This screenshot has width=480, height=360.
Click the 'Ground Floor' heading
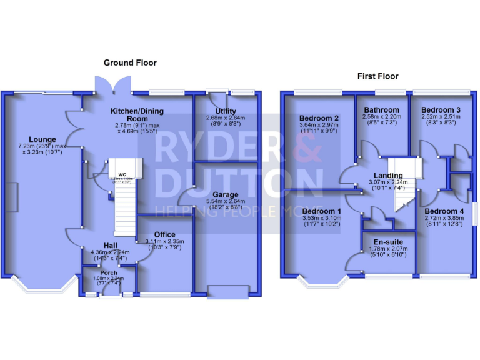(x=130, y=62)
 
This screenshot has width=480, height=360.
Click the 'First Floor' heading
(x=377, y=76)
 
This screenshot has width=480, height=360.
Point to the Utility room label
(x=225, y=111)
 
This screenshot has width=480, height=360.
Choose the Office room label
(x=165, y=234)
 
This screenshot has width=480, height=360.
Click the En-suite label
(x=388, y=242)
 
